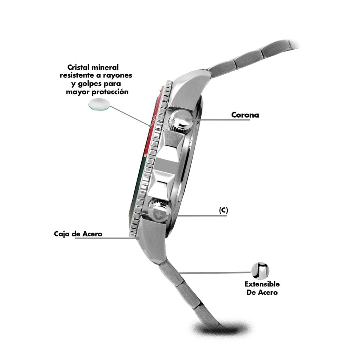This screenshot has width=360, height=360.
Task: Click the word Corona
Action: [245, 115]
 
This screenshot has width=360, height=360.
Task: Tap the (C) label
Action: [223, 210]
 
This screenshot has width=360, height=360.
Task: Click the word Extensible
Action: [262, 284]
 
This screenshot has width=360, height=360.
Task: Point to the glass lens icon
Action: [99, 104]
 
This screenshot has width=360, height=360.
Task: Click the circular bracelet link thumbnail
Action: [260, 271]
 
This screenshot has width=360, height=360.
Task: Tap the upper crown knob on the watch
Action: [181, 120]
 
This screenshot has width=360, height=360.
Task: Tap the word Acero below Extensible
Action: [267, 292]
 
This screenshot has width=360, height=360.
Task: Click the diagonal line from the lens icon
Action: [130, 116]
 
